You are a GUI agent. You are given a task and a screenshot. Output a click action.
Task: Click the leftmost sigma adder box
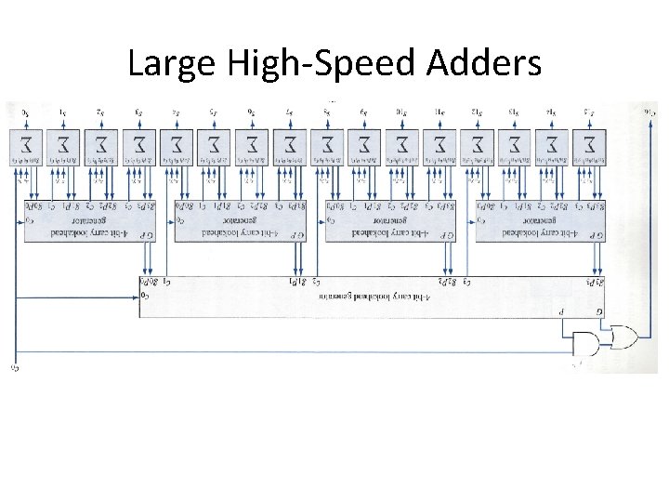25,147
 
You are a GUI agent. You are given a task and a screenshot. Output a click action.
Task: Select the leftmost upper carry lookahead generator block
82,221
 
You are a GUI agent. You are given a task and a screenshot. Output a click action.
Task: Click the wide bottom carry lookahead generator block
372,297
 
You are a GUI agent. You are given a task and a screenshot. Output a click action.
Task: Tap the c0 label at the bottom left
15,367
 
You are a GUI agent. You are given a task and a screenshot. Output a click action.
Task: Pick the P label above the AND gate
560,312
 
